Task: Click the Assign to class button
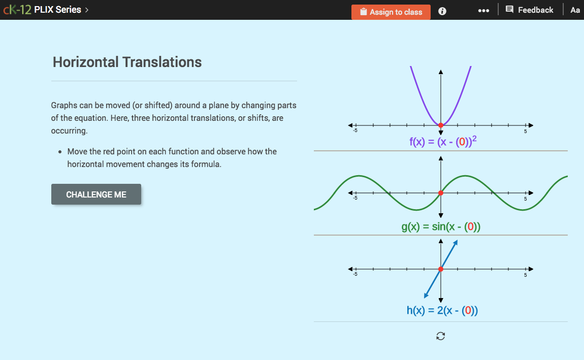391,12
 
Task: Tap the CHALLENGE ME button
96,194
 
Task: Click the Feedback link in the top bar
530,10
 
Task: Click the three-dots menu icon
483,11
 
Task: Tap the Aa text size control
575,10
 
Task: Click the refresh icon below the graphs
440,336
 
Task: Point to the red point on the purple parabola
441,125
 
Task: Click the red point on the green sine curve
441,193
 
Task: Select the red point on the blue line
441,269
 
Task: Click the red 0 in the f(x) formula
462,142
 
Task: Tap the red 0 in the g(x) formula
470,227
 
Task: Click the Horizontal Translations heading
127,62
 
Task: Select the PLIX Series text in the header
57,10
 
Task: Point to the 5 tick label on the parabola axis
526,132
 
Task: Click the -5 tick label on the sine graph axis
355,198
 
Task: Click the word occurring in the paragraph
69,130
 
